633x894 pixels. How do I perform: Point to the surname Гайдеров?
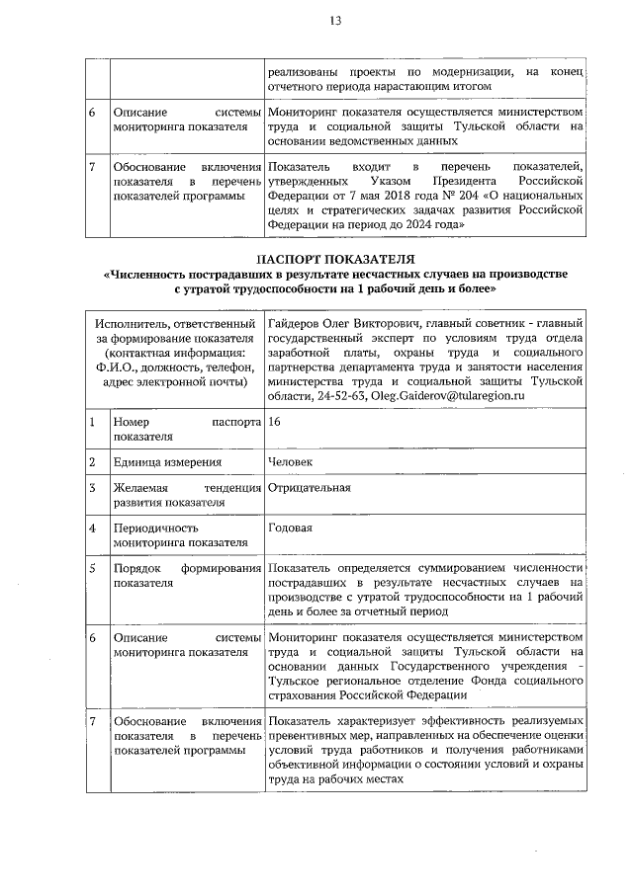293,323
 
